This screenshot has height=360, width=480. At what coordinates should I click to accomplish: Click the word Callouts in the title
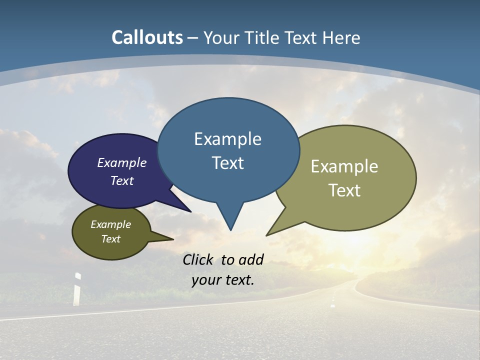[147, 37]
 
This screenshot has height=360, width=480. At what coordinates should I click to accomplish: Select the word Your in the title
[221, 37]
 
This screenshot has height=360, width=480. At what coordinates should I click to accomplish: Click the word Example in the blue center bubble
[227, 139]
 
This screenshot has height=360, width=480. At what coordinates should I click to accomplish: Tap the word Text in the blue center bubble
[227, 163]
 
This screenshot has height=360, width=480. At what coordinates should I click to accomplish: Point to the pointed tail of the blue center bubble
[230, 225]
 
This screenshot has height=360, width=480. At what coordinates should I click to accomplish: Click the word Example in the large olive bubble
[344, 166]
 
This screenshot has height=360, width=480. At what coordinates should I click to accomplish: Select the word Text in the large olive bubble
[344, 190]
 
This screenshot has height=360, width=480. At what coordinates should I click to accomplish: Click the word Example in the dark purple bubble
[121, 163]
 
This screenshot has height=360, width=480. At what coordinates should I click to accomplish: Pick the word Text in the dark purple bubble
[121, 180]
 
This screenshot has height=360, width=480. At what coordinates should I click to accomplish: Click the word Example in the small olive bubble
[110, 224]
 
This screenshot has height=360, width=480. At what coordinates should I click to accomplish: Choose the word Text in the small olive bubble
[110, 239]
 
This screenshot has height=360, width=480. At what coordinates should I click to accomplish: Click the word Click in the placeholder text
[199, 259]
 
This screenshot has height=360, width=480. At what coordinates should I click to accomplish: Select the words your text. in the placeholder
[223, 280]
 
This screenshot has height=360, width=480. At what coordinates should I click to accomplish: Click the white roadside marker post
[77, 289]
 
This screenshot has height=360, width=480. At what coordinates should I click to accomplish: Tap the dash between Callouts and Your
[193, 38]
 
